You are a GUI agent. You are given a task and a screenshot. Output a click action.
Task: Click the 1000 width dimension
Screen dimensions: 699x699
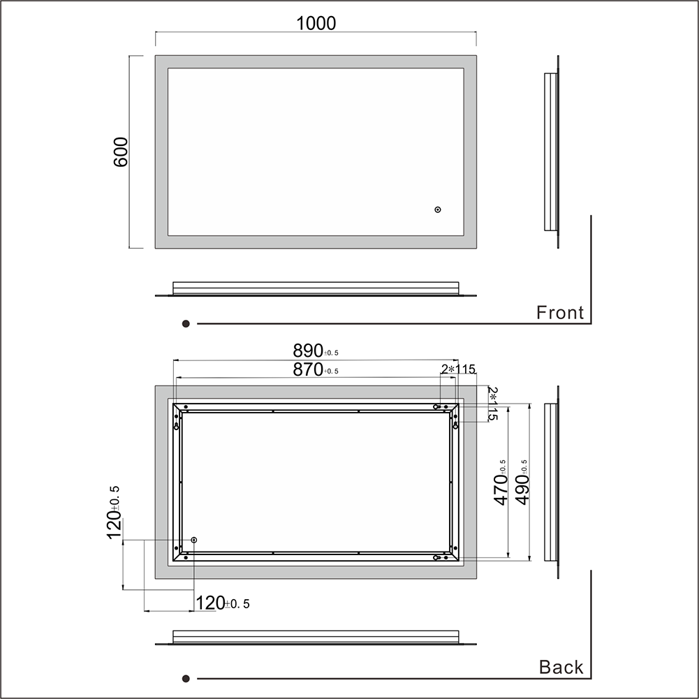pyautogui.click(x=316, y=23)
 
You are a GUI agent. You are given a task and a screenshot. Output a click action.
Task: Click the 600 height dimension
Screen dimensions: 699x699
pyautogui.click(x=121, y=152)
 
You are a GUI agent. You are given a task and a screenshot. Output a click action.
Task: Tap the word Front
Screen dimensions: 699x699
pyautogui.click(x=560, y=313)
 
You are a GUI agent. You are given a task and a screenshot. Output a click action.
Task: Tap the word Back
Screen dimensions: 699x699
pyautogui.click(x=561, y=667)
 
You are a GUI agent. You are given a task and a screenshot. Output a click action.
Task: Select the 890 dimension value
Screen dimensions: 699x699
pyautogui.click(x=316, y=351)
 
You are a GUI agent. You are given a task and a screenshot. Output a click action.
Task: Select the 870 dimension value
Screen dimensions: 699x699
pyautogui.click(x=316, y=369)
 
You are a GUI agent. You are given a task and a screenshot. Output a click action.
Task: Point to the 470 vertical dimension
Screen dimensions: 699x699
pyautogui.click(x=501, y=483)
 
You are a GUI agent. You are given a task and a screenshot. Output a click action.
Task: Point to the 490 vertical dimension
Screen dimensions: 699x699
pyautogui.click(x=522, y=483)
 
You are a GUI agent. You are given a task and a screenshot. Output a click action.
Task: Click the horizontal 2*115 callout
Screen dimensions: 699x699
pyautogui.click(x=458, y=369)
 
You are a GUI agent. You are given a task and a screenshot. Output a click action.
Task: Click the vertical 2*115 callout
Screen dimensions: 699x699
pyautogui.click(x=492, y=404)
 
